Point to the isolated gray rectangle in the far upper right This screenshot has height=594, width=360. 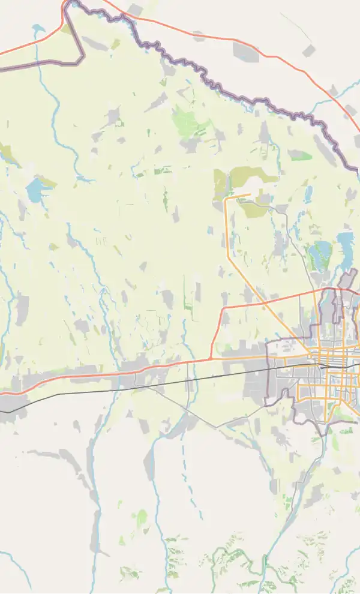(x=308, y=50)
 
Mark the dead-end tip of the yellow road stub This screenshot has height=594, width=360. (x=249, y=194)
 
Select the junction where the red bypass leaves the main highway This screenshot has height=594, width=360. (x=211, y=359)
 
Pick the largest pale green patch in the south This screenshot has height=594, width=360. (x=142, y=517)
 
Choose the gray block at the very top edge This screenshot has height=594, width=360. (x=136, y=8)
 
